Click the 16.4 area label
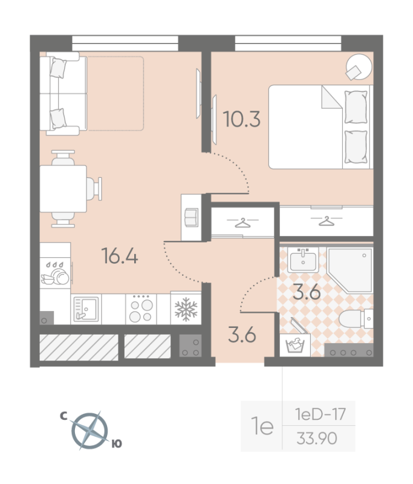[x=120, y=256]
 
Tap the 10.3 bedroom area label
[x=241, y=119]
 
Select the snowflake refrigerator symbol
[x=186, y=309]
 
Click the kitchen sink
[x=86, y=309]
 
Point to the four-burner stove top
[x=141, y=309]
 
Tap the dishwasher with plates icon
[x=55, y=273]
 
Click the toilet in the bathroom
[x=356, y=319]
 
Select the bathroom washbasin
[x=303, y=260]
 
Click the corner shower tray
[x=350, y=270]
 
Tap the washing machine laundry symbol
[x=295, y=345]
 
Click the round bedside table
[x=359, y=67]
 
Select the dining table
[x=63, y=189]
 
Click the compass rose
[x=89, y=431]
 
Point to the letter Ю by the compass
[x=117, y=444]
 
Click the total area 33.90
[x=317, y=438]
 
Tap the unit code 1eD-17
[x=320, y=414]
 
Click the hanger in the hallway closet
[x=242, y=223]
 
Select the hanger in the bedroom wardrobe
[x=327, y=221]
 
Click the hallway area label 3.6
[x=242, y=335]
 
